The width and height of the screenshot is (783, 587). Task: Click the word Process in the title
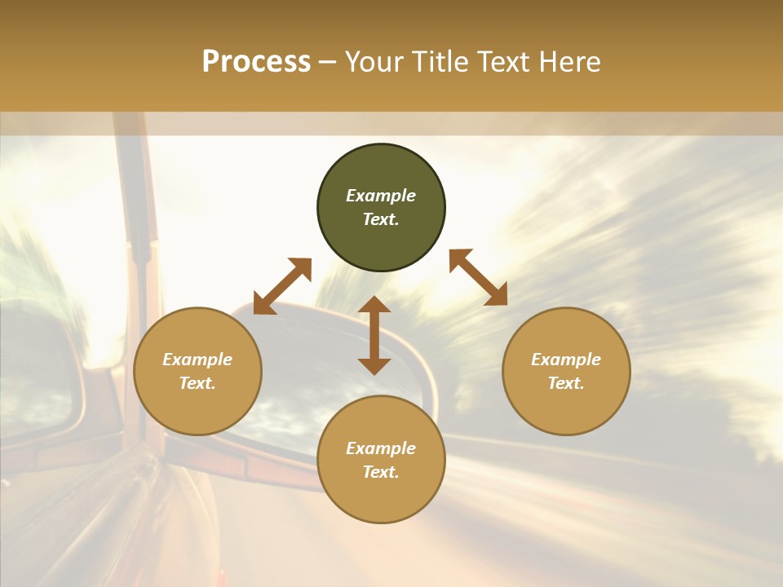(256, 62)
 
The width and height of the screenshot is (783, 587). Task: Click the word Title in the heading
(440, 62)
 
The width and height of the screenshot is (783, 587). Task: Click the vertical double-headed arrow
(374, 335)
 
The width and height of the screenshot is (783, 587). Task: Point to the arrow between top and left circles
(282, 286)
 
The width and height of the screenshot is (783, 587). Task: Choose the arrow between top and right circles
(478, 277)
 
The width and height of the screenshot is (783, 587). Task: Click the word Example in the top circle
(381, 196)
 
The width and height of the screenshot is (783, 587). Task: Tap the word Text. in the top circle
(381, 219)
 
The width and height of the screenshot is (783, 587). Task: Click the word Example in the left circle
(197, 360)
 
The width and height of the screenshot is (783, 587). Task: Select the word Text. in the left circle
(197, 383)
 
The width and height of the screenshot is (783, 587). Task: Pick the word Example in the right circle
(566, 360)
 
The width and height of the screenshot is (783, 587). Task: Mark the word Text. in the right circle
(566, 383)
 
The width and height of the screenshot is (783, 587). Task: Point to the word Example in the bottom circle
(381, 448)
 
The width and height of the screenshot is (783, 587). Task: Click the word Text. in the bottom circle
(381, 472)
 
